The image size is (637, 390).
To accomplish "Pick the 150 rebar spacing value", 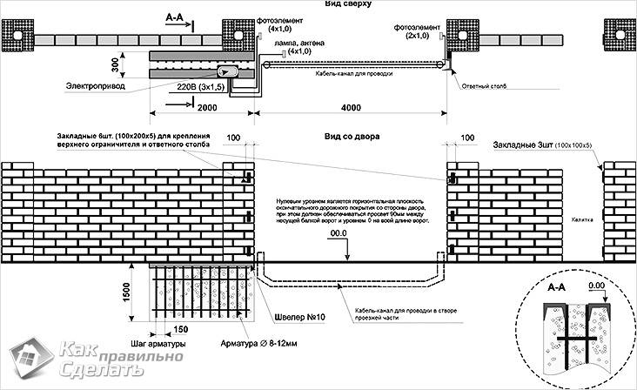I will coord(181,330).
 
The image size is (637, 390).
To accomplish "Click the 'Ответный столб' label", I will coord(484,87).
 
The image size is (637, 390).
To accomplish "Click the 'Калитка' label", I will coord(582,220).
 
